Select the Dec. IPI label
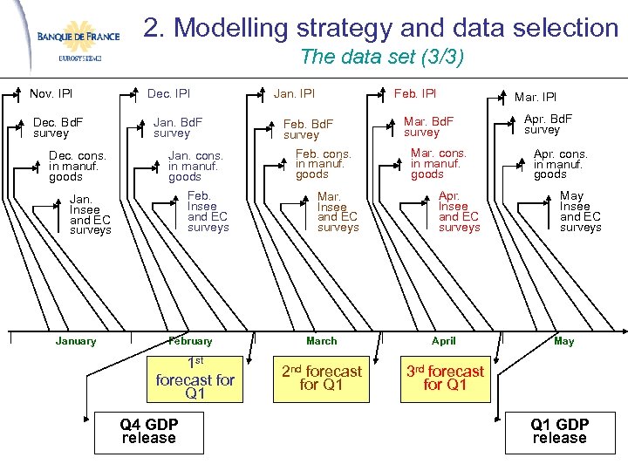[168, 93]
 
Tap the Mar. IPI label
[535, 97]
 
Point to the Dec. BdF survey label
[58, 127]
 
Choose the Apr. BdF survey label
[548, 124]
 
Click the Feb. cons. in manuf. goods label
[323, 163]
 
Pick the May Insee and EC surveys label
[580, 212]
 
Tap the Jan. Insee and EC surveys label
[91, 215]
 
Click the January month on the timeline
[76, 341]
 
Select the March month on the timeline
[321, 341]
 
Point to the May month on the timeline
[563, 341]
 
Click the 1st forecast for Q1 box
[195, 378]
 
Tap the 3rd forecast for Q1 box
[445, 378]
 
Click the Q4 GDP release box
[148, 431]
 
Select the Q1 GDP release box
[559, 431]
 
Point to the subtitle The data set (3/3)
[381, 58]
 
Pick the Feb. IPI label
[414, 93]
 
